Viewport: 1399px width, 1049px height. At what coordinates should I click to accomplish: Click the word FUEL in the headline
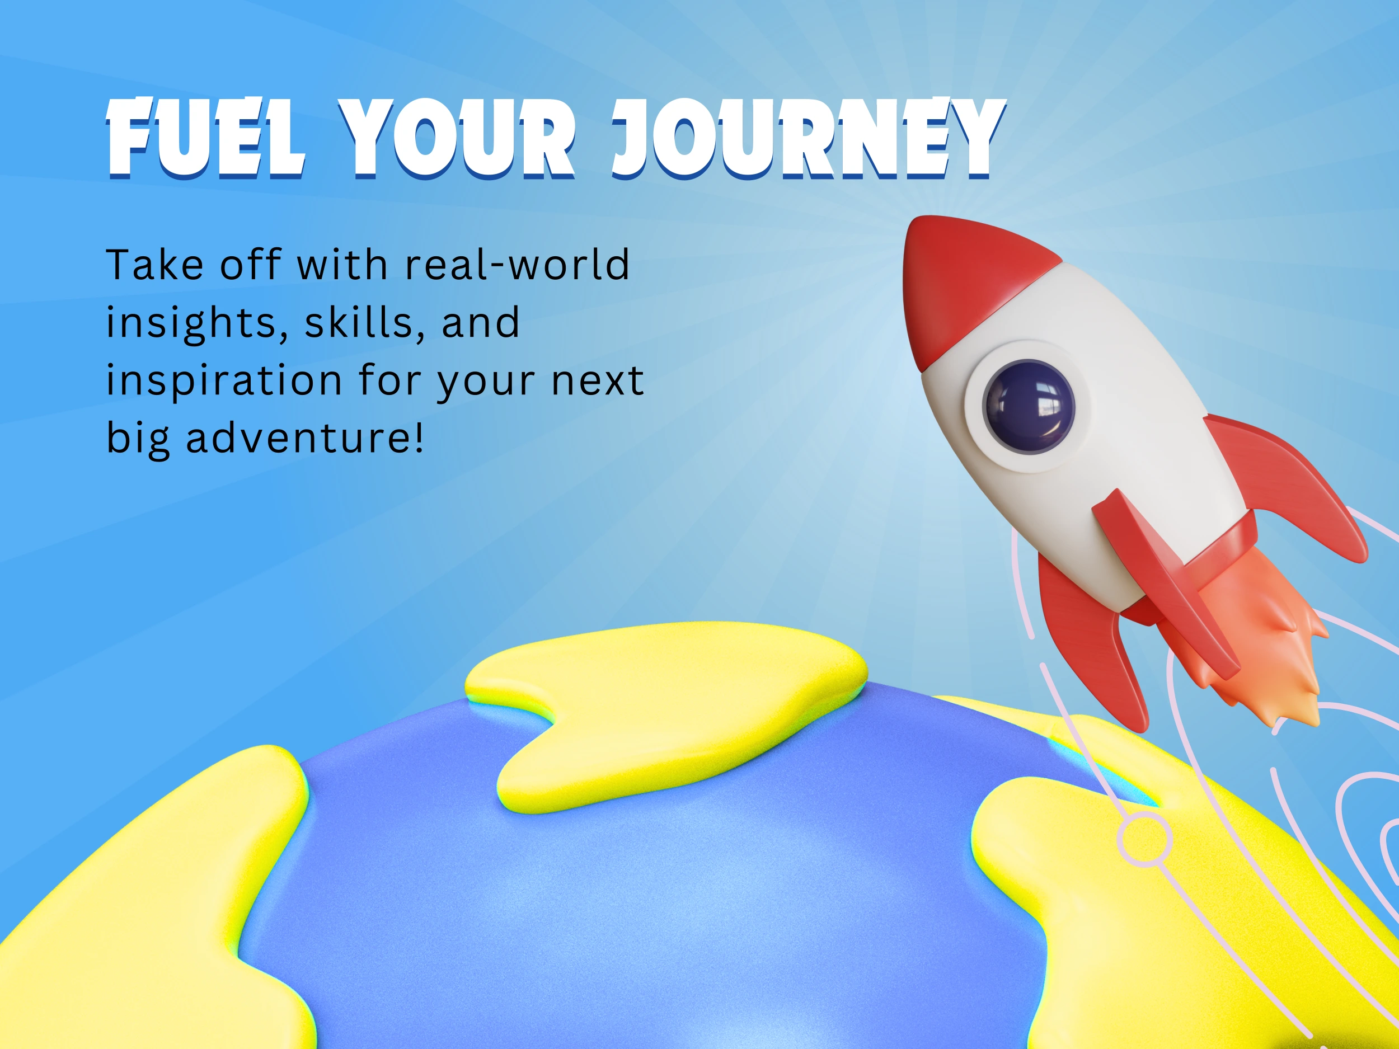(x=205, y=138)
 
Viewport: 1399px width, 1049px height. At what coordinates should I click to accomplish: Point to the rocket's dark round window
(x=1029, y=406)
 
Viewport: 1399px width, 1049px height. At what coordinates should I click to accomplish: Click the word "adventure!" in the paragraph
(x=304, y=438)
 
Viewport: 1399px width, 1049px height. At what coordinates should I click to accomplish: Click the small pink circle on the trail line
(x=1145, y=840)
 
